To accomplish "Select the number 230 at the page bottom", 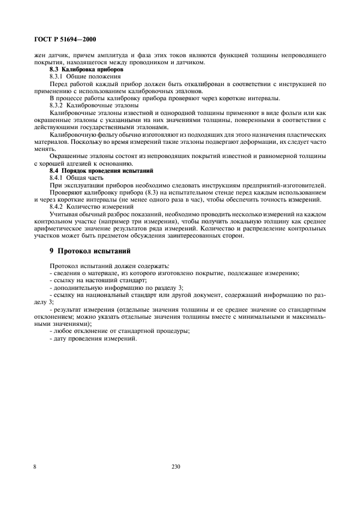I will click(x=175, y=466).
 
